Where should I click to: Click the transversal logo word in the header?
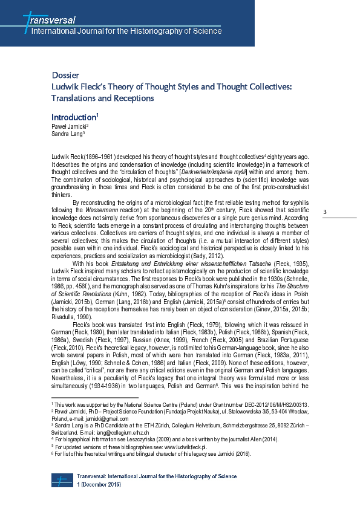point(51,20)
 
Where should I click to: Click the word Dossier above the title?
point(65,76)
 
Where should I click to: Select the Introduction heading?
point(73,117)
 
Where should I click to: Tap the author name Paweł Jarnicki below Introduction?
point(69,126)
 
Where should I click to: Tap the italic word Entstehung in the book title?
point(144,265)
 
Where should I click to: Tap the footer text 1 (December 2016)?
point(99,485)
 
